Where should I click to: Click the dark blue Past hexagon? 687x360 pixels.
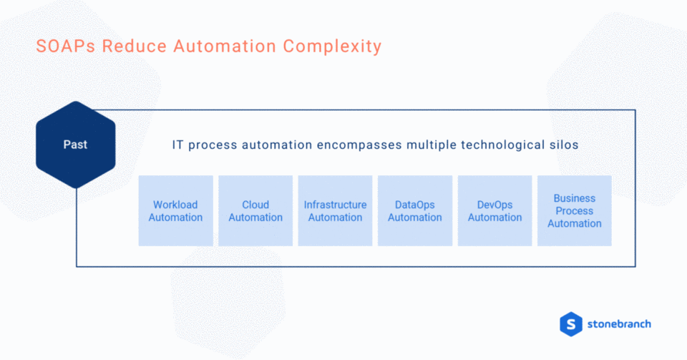click(x=75, y=145)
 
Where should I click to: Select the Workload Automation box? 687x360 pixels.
click(x=175, y=210)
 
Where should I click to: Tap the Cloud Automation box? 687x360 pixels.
click(x=255, y=210)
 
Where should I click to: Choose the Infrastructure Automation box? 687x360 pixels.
click(x=335, y=210)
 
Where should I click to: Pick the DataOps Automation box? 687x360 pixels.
click(x=415, y=210)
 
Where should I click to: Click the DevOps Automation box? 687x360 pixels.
click(x=494, y=210)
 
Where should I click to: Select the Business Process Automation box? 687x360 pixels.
click(x=575, y=210)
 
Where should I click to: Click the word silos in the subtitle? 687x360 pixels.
click(x=561, y=145)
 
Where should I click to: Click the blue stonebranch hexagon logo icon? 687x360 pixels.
click(x=571, y=323)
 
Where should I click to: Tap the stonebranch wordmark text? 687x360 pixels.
click(x=620, y=323)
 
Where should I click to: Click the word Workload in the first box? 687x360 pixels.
click(x=175, y=205)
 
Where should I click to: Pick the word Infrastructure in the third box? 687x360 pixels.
click(x=335, y=205)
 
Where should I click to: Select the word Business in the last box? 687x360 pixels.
click(x=575, y=198)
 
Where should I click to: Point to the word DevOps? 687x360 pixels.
click(x=494, y=205)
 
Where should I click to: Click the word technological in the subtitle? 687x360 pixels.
click(x=500, y=145)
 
